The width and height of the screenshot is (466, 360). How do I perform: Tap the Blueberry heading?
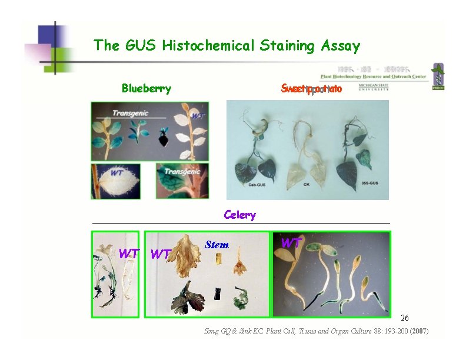pyautogui.click(x=147, y=89)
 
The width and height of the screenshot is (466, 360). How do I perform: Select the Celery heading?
pyautogui.click(x=239, y=215)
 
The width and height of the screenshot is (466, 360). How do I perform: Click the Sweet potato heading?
pyautogui.click(x=311, y=89)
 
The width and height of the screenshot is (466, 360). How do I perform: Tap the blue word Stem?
pyautogui.click(x=217, y=245)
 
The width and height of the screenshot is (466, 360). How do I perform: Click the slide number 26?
pyautogui.click(x=405, y=318)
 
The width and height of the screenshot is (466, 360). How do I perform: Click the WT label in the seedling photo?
pyautogui.click(x=291, y=242)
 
